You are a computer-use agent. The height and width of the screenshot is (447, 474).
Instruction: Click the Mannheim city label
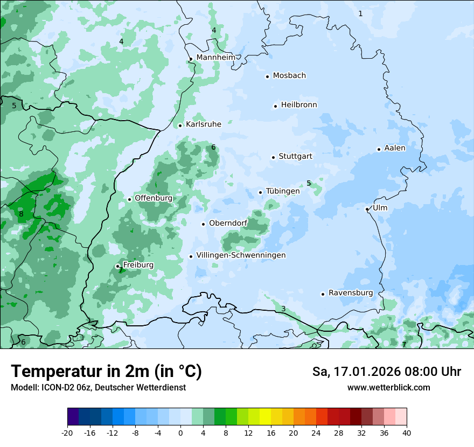click(x=215, y=58)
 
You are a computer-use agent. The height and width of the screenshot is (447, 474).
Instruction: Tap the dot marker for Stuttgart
click(x=273, y=157)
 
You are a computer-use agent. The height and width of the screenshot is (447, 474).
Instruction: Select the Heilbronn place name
click(x=299, y=105)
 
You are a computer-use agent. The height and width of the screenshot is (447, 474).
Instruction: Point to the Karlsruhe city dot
click(x=180, y=125)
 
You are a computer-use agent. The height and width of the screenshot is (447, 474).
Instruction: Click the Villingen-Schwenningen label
click(x=241, y=255)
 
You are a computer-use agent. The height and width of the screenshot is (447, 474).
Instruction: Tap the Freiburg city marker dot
click(x=117, y=266)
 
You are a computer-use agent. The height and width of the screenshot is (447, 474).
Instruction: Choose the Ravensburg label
click(x=351, y=293)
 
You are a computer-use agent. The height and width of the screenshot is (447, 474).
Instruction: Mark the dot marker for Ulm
click(x=367, y=209)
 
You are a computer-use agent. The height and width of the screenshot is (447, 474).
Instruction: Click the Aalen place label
click(x=395, y=148)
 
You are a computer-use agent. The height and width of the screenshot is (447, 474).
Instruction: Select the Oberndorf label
click(x=228, y=223)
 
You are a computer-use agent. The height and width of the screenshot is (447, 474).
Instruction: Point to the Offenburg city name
click(x=154, y=198)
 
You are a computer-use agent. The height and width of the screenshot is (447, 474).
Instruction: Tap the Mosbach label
click(x=289, y=76)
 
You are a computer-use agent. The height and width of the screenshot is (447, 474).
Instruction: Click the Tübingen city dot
click(x=260, y=192)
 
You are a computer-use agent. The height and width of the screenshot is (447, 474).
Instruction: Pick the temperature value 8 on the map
click(x=21, y=214)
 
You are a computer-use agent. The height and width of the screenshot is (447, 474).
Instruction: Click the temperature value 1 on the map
click(x=360, y=13)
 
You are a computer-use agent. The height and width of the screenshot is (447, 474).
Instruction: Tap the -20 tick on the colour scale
click(x=67, y=432)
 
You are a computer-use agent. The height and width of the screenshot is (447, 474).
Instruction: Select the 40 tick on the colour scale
click(x=406, y=432)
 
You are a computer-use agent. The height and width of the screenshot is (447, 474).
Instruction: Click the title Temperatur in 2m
click(x=106, y=371)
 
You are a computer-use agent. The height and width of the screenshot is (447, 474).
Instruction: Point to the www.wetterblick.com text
click(x=388, y=387)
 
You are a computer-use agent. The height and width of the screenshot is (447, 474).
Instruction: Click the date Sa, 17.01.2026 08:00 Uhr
click(x=386, y=372)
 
